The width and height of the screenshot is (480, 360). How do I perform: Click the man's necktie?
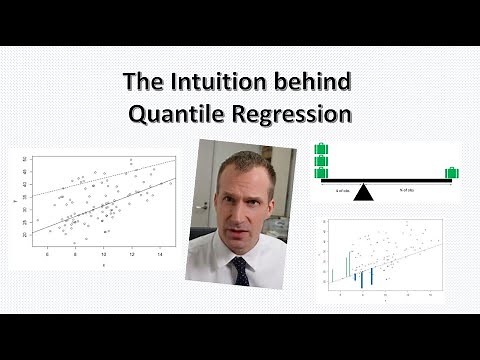pyautogui.click(x=241, y=270)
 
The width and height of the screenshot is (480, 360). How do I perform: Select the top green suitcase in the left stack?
pyautogui.click(x=321, y=150)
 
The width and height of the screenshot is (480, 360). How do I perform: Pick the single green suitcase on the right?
pyautogui.click(x=451, y=173)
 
